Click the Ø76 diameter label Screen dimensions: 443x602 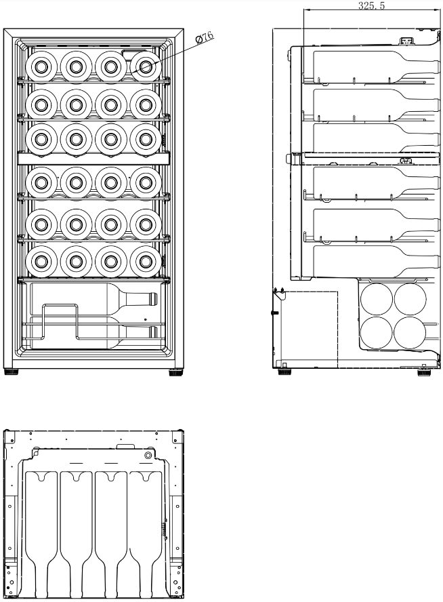click(205, 39)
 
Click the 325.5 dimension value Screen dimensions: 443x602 click(371, 5)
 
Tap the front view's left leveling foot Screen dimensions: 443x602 click(11, 372)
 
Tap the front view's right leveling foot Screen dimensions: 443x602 click(175, 372)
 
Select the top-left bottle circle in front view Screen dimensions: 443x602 click(41, 67)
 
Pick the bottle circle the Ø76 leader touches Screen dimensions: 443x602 click(146, 67)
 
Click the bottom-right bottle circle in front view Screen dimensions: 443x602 click(146, 262)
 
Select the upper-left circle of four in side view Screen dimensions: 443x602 click(377, 299)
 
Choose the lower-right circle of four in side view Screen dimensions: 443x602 click(410, 332)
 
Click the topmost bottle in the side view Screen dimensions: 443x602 click(376, 66)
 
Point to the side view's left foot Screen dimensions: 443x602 click(284, 372)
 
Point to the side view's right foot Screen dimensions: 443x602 click(424, 372)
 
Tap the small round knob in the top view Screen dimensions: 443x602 click(148, 456)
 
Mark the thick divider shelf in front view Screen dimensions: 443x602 click(93, 158)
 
